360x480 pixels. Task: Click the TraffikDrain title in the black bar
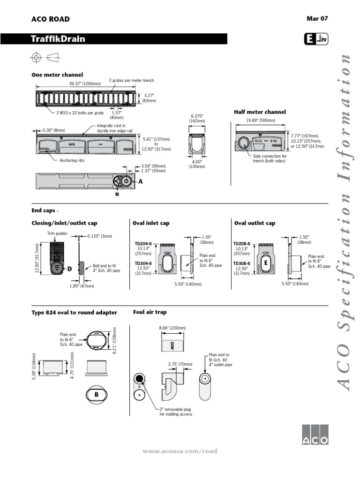point(59,39)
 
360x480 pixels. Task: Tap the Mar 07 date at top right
point(317,19)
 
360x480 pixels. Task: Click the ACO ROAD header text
point(50,19)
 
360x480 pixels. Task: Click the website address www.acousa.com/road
point(180,451)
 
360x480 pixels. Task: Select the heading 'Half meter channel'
point(260,112)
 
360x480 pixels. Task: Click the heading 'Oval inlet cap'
point(151,224)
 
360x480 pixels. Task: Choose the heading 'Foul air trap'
point(150,312)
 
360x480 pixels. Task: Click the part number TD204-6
point(143,244)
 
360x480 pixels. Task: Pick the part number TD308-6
point(242,263)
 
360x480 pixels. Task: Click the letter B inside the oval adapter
point(96,395)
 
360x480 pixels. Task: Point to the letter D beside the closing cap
point(69,269)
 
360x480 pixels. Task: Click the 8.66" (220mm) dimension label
point(172,328)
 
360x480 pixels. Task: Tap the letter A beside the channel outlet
point(139,181)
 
